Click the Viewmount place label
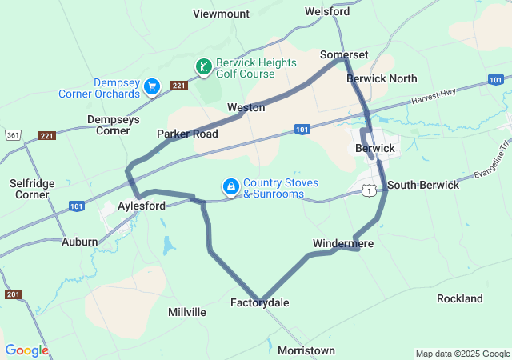pyautogui.click(x=221, y=14)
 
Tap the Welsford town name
pyautogui.click(x=327, y=12)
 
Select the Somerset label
pyautogui.click(x=343, y=54)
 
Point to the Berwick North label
pyautogui.click(x=382, y=78)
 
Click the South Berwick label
pyautogui.click(x=423, y=185)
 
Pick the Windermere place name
pyautogui.click(x=343, y=242)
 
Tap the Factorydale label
pyautogui.click(x=260, y=302)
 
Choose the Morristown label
pyautogui.click(x=306, y=350)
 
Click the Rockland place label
pyautogui.click(x=460, y=298)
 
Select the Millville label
pyautogui.click(x=187, y=311)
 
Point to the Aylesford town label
pyautogui.click(x=142, y=206)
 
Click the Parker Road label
pyautogui.click(x=187, y=134)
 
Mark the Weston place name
pyautogui.click(x=246, y=107)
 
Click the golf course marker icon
pyautogui.click(x=204, y=66)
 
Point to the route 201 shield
pyautogui.click(x=12, y=294)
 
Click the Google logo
pyautogui.click(x=26, y=350)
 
